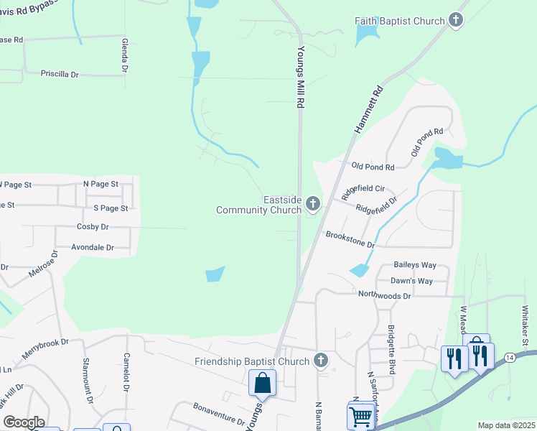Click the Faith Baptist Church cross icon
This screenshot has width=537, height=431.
[456, 21]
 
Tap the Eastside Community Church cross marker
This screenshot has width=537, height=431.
[312, 205]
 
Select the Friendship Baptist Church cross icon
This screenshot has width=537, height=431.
[320, 361]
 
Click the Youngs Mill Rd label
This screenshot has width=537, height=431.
[302, 78]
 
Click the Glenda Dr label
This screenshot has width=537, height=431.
[125, 56]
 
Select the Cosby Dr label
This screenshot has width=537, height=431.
[92, 227]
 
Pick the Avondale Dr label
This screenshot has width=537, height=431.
[93, 248]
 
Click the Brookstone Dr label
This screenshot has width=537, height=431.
[350, 239]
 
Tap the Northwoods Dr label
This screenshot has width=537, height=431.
[385, 295]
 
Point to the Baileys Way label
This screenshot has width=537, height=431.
[415, 266]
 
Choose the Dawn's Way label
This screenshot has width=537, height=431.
[411, 281]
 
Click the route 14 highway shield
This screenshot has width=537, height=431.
[509, 357]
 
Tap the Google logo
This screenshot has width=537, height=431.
[23, 422]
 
